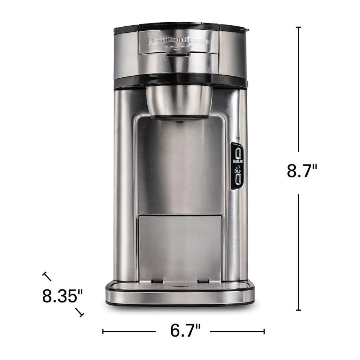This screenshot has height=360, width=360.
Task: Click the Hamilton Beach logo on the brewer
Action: click(179, 41)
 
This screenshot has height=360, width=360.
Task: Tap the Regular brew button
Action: click(238, 153)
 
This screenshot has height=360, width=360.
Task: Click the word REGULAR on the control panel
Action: click(238, 162)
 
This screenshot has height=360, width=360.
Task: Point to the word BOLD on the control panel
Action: click(238, 171)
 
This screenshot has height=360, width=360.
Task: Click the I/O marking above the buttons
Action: click(238, 138)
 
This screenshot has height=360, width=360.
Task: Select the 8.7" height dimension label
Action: click(302, 171)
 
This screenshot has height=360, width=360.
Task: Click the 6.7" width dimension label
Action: click(185, 331)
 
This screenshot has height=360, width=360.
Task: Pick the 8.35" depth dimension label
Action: click(62, 296)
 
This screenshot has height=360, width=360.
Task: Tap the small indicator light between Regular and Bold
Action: click(238, 167)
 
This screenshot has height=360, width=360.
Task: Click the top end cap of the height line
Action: click(299, 27)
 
